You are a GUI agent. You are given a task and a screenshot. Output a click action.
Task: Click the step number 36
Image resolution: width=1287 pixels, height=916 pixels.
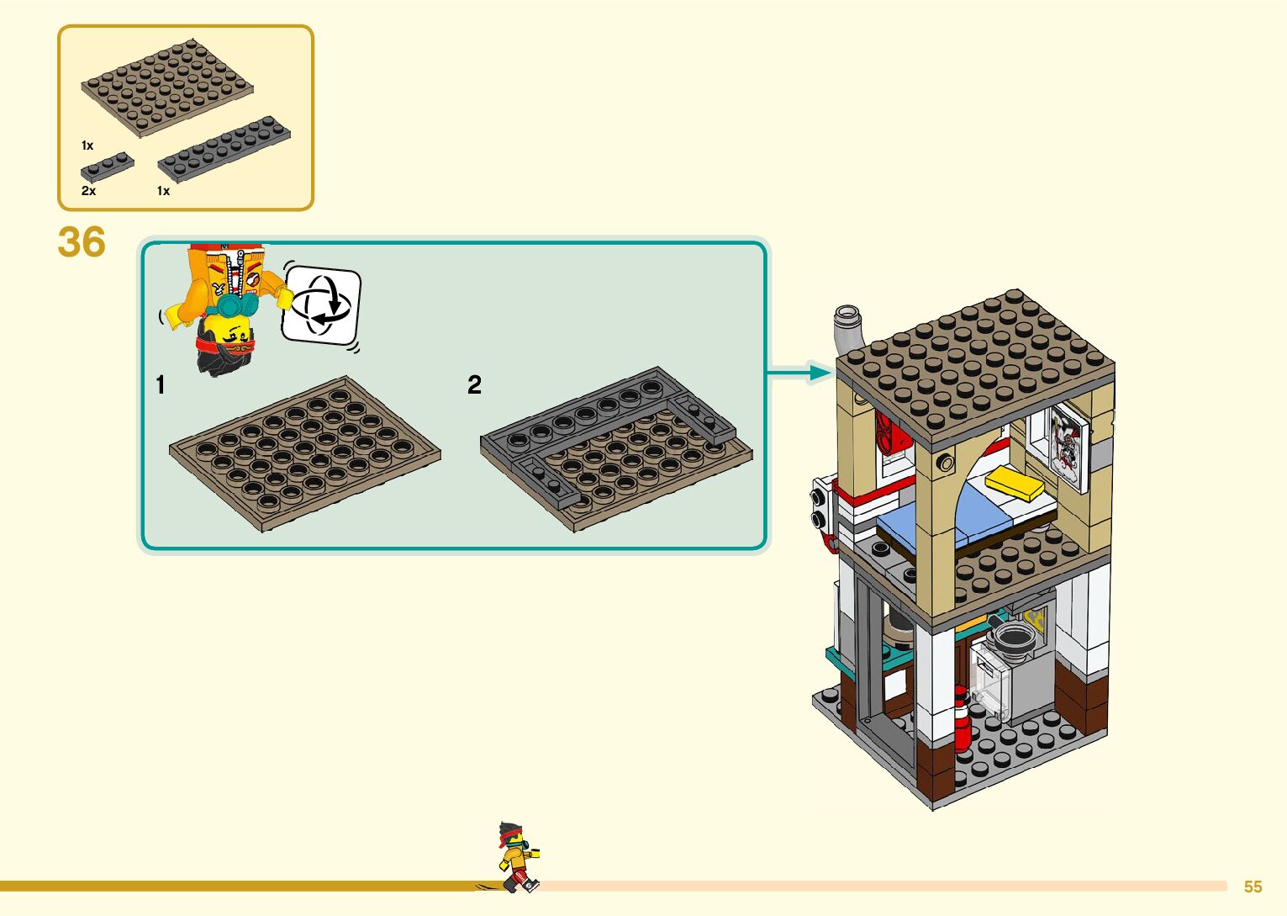(x=82, y=242)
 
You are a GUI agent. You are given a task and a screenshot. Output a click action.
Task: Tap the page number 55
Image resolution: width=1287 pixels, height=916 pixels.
(x=1253, y=887)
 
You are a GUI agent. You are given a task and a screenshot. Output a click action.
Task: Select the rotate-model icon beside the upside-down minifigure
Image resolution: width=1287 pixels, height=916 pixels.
(x=321, y=305)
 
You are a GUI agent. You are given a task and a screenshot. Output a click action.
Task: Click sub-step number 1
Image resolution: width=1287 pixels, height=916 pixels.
(x=161, y=385)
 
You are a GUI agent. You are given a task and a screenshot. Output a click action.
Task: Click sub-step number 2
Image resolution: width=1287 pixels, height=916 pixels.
(x=474, y=385)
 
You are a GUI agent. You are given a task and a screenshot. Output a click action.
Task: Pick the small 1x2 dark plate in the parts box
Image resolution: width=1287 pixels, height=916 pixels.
(x=107, y=166)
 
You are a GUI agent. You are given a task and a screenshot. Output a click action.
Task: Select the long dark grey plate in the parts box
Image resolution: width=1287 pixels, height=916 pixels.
(x=224, y=148)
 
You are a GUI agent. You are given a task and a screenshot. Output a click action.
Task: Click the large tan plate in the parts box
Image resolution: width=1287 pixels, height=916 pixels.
(x=167, y=87)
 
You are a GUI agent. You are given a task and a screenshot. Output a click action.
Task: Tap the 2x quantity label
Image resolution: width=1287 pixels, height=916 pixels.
(x=88, y=191)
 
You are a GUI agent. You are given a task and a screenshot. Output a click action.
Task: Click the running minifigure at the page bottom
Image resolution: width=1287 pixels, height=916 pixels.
(x=516, y=857)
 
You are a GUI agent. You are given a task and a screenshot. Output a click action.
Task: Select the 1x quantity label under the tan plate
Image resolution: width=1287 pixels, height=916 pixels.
(x=87, y=146)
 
